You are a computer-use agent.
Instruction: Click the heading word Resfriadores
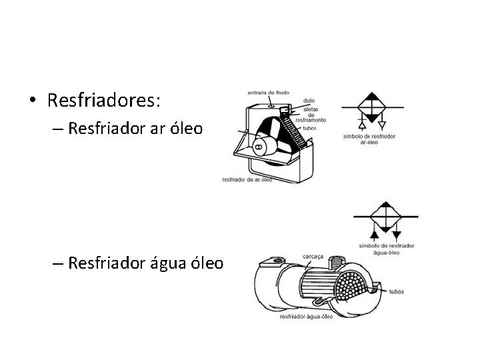pos(104,101)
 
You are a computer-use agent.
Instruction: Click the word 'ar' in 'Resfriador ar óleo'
pos(148,128)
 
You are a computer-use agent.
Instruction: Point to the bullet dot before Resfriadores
pos(33,101)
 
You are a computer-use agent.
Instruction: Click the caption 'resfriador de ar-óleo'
pos(247,179)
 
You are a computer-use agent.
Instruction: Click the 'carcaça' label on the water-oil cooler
pos(313,255)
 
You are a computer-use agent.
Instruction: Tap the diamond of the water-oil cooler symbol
pos(385,217)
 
